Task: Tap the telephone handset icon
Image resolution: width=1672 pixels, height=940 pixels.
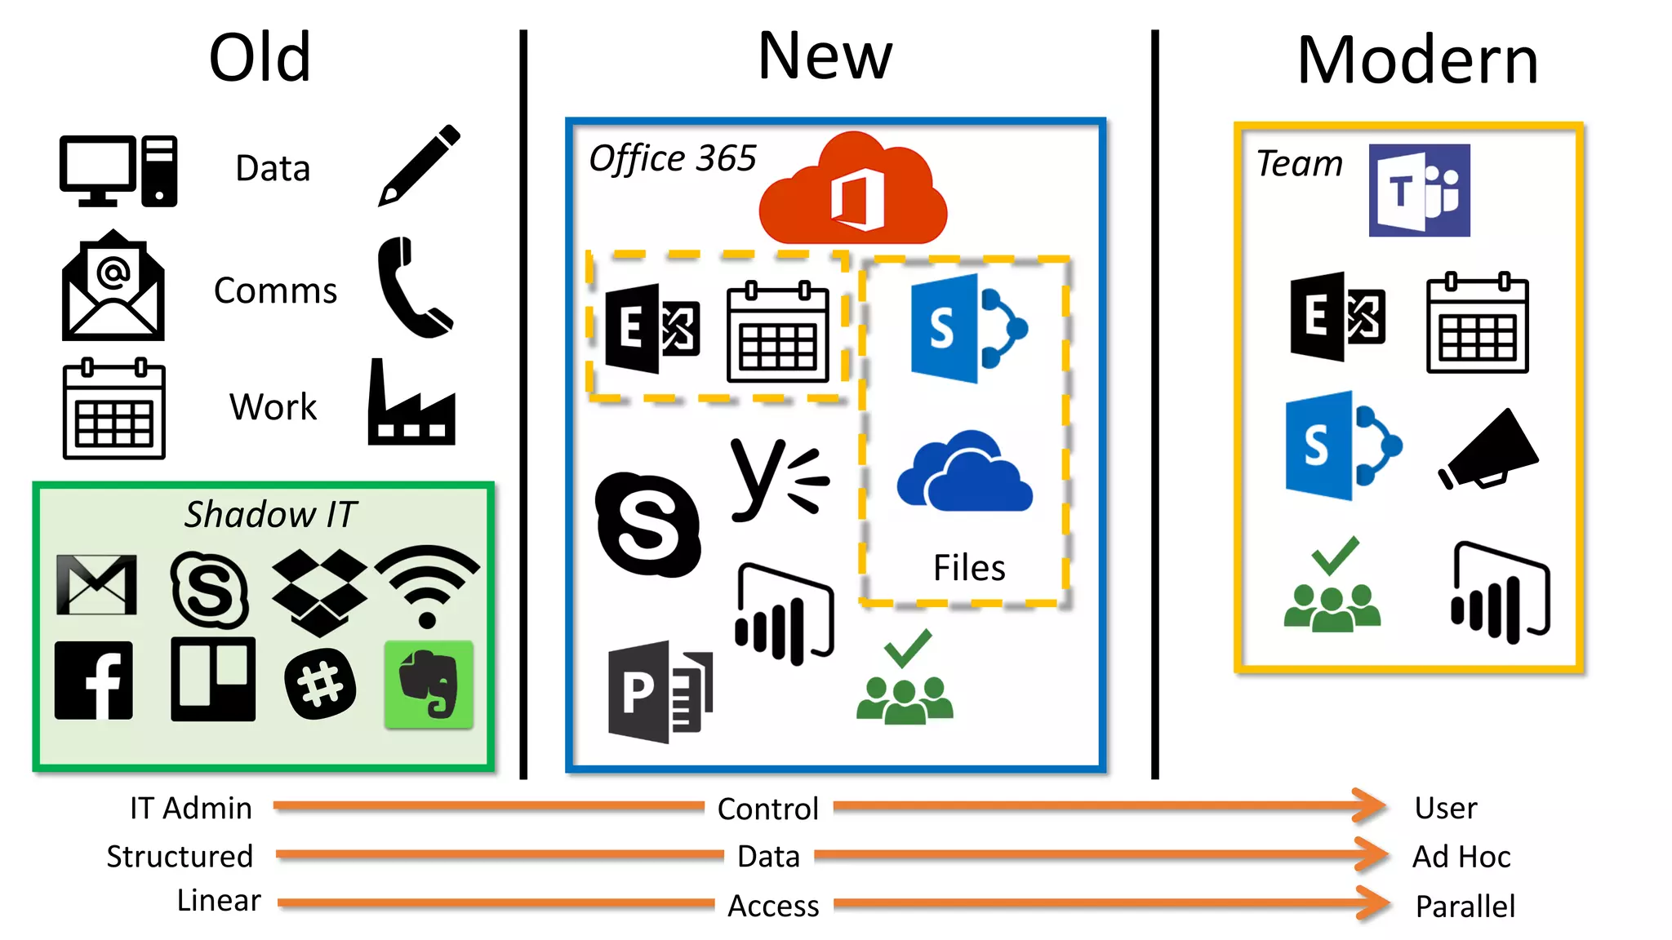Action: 412,288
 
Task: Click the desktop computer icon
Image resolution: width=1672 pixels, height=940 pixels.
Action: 118,171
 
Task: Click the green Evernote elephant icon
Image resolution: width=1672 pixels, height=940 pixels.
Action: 429,684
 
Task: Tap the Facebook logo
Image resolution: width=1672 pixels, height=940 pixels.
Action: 94,681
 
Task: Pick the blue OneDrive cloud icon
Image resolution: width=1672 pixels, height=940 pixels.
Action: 964,474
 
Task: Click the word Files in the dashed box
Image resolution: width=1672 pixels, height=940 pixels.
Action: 969,567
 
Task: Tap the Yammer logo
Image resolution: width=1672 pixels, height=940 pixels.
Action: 778,480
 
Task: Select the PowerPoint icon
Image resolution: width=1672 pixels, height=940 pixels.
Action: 660,692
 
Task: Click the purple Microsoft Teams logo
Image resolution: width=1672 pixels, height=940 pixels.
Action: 1419,191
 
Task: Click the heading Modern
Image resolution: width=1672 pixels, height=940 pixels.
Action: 1417,61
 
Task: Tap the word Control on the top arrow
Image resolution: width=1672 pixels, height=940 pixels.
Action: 767,809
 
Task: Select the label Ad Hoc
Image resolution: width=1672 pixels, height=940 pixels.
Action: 1461,857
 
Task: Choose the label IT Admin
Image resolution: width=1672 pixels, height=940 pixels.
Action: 191,808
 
